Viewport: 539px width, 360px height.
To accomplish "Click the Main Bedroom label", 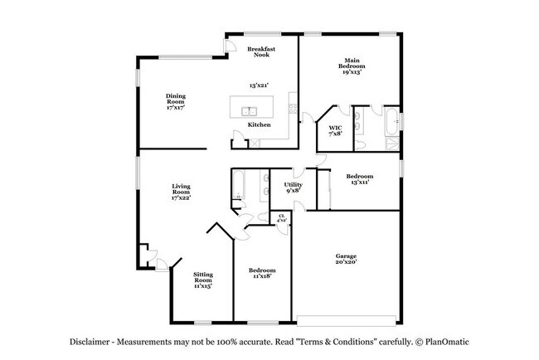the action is pos(352,66).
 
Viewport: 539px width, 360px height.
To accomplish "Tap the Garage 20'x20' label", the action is pos(346,259).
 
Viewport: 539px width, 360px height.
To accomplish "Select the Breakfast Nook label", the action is pos(261,51).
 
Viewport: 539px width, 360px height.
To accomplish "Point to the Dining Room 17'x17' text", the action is pos(176,101).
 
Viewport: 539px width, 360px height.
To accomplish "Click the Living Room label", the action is pos(181,192).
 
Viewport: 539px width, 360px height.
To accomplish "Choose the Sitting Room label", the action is pos(203,280).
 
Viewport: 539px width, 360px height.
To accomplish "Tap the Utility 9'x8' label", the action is pos(294,187).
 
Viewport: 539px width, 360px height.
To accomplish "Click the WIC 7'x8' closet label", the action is pos(335,131).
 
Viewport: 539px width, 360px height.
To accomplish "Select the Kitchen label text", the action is pos(260,124).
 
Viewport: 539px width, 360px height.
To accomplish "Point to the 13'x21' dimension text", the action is pos(259,85).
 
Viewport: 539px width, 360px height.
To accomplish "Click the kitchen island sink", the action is pos(249,112).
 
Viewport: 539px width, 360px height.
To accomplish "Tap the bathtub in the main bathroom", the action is pos(392,121).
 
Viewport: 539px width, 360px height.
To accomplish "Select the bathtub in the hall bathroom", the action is pos(238,184).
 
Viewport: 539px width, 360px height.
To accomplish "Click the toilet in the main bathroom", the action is pos(360,144).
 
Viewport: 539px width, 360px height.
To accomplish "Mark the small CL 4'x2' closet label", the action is pos(282,217).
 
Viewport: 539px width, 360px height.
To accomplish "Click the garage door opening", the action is pos(346,321).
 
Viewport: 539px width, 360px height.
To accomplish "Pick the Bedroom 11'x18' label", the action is pos(262,273).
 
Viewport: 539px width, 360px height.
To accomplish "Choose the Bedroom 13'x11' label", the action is pos(360,179).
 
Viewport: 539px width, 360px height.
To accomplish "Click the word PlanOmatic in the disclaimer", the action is pos(447,342).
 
